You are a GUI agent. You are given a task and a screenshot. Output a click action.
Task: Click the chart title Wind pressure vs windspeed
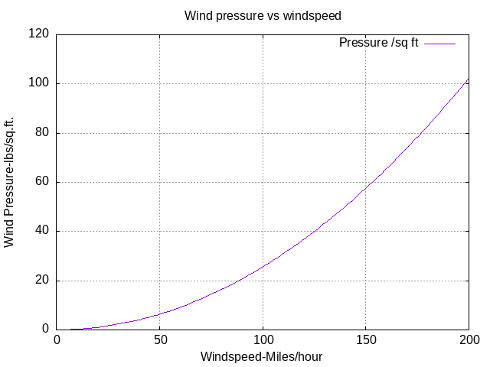point(263,15)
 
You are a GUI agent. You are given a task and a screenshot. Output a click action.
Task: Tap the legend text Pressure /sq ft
point(378,43)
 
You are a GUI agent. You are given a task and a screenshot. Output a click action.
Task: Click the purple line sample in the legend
point(440,44)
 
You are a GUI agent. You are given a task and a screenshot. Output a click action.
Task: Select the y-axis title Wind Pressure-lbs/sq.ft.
point(10,182)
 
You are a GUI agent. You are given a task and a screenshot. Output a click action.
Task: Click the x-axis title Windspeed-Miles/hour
point(263,357)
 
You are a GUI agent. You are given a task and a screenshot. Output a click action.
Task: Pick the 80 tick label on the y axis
point(42,133)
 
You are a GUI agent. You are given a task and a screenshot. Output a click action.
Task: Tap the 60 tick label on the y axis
point(42,182)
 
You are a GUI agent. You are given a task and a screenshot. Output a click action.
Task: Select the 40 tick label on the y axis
point(42,231)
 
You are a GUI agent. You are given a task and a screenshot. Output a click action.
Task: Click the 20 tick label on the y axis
point(42,281)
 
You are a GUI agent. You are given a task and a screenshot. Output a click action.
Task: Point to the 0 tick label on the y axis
point(45,330)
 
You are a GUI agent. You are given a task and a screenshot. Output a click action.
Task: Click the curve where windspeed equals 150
point(366,188)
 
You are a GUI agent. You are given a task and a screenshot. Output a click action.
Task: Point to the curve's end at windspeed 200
point(469,79)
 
